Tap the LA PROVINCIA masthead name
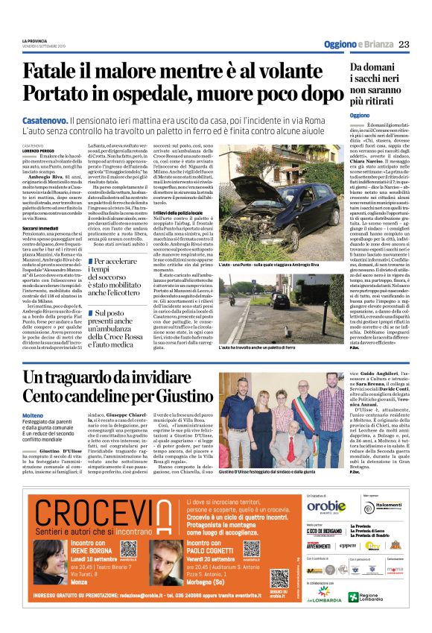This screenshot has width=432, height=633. point(35,41)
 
